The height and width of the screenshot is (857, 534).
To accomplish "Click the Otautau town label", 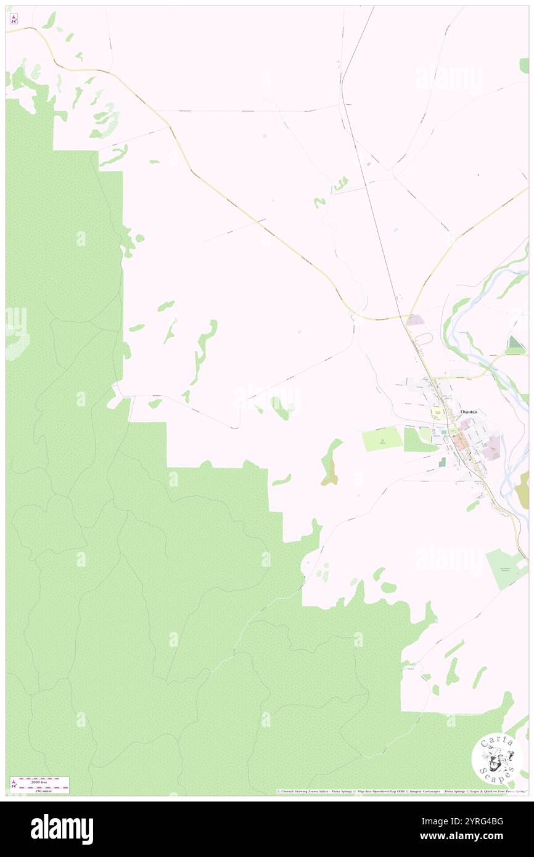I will point(470,411).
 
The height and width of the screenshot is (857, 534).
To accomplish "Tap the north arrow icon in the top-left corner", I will point(14,19).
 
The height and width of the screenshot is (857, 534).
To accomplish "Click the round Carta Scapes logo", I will point(497,758).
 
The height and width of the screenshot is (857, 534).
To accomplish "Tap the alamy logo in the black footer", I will point(62,829).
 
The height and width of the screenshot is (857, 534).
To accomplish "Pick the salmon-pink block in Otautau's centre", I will point(459,440).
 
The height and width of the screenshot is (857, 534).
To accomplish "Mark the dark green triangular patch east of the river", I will point(514,345).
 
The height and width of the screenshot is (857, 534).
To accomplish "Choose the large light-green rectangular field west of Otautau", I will point(382,439).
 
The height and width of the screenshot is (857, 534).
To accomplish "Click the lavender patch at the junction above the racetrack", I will point(414,321).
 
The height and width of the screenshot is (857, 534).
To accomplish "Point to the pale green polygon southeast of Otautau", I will point(507,567).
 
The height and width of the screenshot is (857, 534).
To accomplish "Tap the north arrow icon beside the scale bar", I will point(14,784).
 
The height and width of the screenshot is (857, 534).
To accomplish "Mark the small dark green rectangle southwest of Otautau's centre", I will point(442,461).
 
